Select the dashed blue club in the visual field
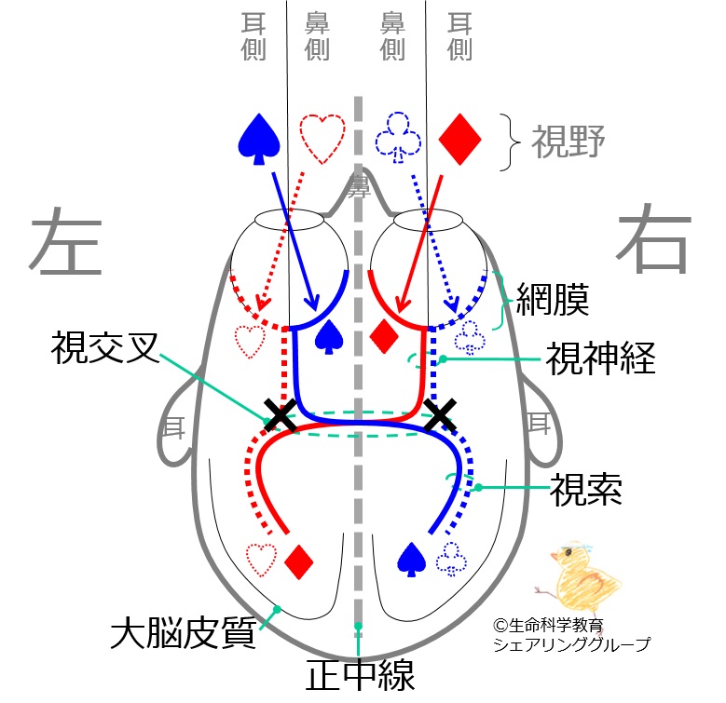[396, 139]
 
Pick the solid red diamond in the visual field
[459, 139]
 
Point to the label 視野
[568, 142]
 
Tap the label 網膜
[558, 301]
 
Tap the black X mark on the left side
[281, 415]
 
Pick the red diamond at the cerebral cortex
[300, 560]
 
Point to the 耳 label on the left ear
[174, 427]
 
